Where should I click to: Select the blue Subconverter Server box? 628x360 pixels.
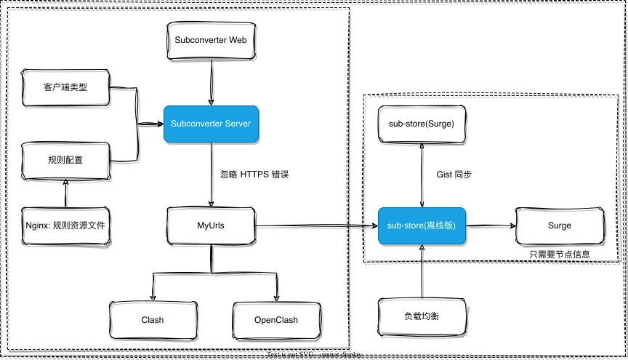[x=211, y=124]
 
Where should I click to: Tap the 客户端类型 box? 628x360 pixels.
[x=66, y=88]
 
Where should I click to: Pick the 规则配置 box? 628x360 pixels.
[x=66, y=160]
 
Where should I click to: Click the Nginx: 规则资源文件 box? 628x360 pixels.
[x=66, y=225]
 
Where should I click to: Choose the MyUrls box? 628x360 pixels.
[x=211, y=225]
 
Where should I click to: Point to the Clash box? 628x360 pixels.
[x=153, y=319]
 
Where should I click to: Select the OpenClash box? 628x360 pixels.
[x=276, y=319]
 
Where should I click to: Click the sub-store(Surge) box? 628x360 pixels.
[x=422, y=124]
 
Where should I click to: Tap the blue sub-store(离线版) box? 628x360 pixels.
[x=422, y=225]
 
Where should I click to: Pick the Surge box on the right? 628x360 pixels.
[x=560, y=225]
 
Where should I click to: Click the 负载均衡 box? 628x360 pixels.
[x=422, y=318]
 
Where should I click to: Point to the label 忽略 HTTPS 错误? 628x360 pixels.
[x=254, y=175]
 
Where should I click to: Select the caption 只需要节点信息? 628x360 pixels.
[x=560, y=254]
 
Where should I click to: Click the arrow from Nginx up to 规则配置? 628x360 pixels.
[x=66, y=192]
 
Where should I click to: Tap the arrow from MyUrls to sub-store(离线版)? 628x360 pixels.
[x=316, y=225]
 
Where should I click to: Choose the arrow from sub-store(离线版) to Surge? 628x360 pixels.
[x=491, y=225]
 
